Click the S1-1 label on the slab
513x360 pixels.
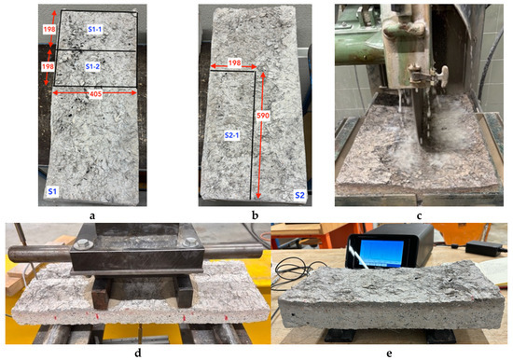tap(95, 30)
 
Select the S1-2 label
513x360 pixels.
tap(92, 67)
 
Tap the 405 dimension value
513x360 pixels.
tap(95, 94)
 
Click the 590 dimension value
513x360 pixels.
tap(263, 116)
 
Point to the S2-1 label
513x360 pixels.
tap(231, 135)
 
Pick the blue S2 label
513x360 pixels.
tap(299, 195)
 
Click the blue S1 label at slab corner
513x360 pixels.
tap(52, 191)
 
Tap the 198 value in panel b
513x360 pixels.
tap(234, 62)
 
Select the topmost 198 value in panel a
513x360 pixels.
tap(49, 29)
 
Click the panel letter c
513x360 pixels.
tap(419, 216)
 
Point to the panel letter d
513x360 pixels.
tap(138, 353)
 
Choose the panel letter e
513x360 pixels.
tap(389, 353)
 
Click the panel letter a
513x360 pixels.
tap(92, 216)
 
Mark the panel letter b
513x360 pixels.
tap(255, 215)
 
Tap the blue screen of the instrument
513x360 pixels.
tap(382, 253)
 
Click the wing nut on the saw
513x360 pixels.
tap(437, 76)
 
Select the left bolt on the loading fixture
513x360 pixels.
tap(80, 243)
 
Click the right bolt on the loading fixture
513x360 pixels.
tap(189, 242)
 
